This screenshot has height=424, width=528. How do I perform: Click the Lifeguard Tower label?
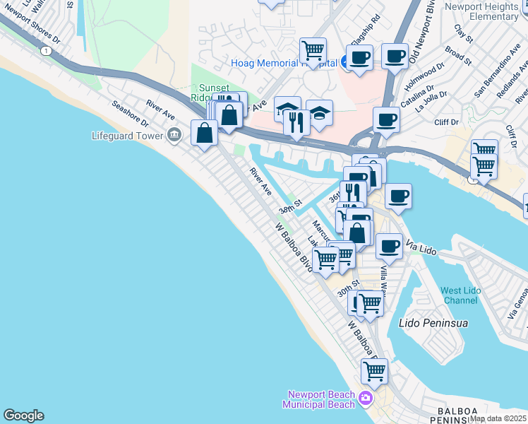click(x=127, y=134)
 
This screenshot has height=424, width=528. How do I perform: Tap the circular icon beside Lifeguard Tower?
click(x=174, y=134)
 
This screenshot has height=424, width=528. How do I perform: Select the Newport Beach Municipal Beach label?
click(x=319, y=399)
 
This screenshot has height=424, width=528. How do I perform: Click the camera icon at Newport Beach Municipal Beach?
click(x=365, y=399)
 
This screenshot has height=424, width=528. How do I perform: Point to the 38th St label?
click(x=289, y=207)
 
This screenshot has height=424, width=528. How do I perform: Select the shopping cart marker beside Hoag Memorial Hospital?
click(x=313, y=51)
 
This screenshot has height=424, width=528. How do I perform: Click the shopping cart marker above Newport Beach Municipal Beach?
click(x=374, y=370)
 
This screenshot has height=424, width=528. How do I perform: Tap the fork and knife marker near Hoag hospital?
click(x=297, y=122)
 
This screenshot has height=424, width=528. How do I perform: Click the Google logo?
click(x=23, y=416)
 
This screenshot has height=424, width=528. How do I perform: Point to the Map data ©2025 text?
click(x=498, y=418)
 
